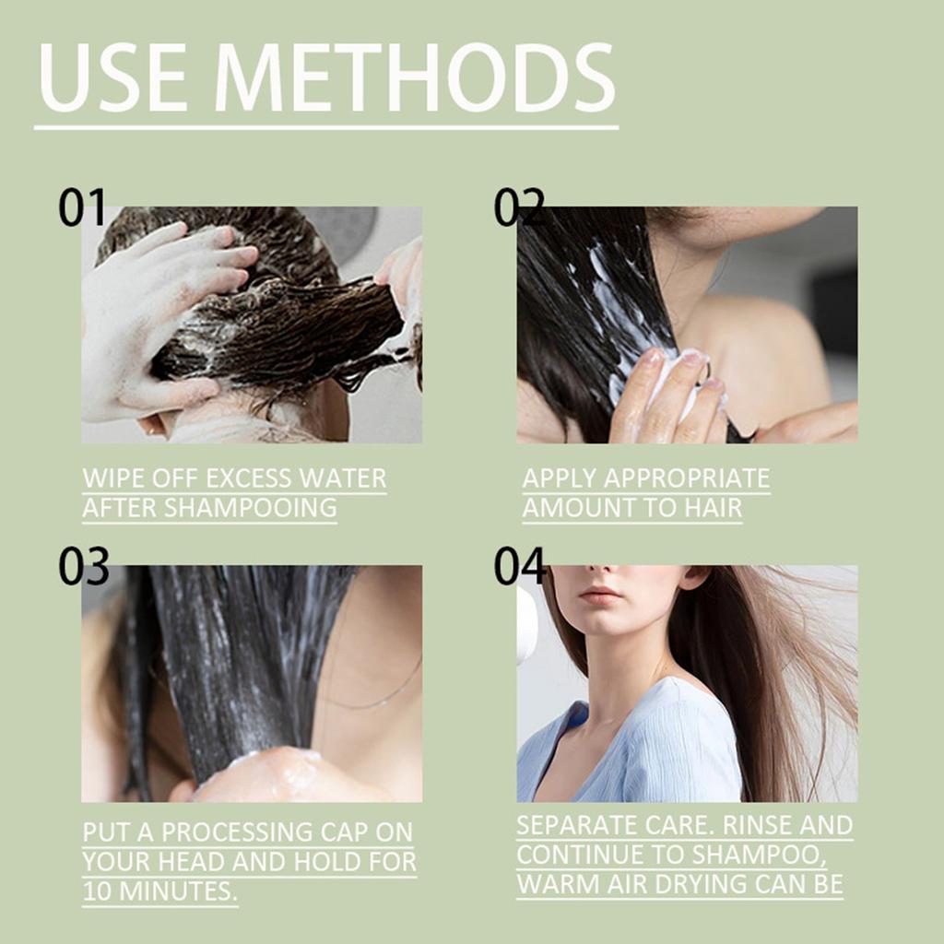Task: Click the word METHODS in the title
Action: [x=415, y=77]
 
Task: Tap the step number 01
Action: [x=82, y=207]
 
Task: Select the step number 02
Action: [x=519, y=207]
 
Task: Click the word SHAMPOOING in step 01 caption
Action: [x=251, y=508]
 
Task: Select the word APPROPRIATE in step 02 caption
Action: [x=687, y=478]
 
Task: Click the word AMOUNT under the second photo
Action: [x=577, y=508]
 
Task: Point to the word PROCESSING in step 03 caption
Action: [x=237, y=832]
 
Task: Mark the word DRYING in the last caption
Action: [x=701, y=884]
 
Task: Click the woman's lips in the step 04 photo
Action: [x=599, y=595]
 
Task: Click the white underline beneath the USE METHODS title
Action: [x=326, y=127]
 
